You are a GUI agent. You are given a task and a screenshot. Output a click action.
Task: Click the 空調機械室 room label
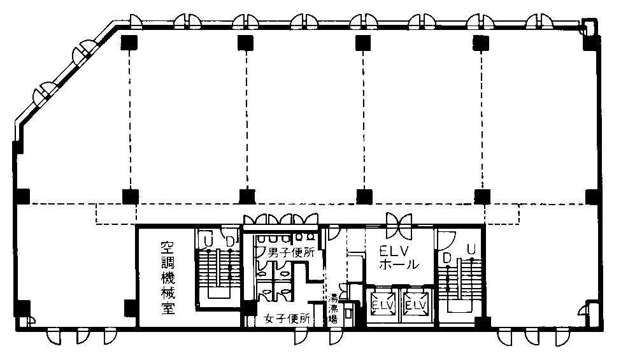tap(168, 278)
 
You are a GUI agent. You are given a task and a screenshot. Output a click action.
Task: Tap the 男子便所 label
tap(291, 252)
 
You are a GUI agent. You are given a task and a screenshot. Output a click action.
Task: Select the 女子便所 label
tap(287, 318)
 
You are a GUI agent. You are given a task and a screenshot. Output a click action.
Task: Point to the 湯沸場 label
tap(334, 308)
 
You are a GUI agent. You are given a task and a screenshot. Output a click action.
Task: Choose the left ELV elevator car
tap(382, 305)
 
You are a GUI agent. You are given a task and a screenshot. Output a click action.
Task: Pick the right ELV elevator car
tap(416, 305)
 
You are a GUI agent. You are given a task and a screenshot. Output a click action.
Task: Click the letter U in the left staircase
tap(208, 241)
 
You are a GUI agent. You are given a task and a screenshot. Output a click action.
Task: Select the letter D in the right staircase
tap(447, 258)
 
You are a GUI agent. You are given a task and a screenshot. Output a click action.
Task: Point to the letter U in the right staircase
tap(471, 250)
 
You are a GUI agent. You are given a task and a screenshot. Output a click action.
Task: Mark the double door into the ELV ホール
tap(399, 226)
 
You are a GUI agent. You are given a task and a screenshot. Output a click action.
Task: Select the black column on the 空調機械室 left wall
tap(131, 308)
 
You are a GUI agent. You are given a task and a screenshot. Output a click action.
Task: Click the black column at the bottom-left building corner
tap(22, 309)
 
